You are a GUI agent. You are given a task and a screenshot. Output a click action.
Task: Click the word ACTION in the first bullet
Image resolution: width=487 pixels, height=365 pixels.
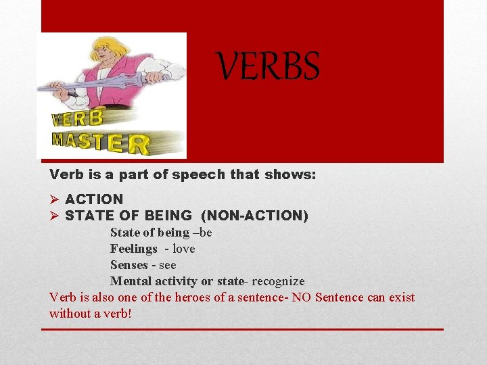(x=94, y=199)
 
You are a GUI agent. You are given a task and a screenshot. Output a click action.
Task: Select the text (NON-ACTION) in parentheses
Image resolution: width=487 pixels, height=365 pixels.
(x=254, y=216)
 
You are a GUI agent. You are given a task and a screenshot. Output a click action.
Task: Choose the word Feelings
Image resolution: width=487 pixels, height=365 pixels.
(x=133, y=249)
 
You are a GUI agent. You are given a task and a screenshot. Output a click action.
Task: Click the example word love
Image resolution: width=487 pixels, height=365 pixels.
(x=183, y=249)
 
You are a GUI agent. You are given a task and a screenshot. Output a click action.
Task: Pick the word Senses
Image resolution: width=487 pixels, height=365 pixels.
(x=130, y=265)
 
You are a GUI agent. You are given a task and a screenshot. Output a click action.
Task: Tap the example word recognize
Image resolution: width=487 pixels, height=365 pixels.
(x=277, y=281)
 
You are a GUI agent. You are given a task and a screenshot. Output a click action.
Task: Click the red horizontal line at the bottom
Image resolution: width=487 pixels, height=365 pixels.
(x=242, y=329)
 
